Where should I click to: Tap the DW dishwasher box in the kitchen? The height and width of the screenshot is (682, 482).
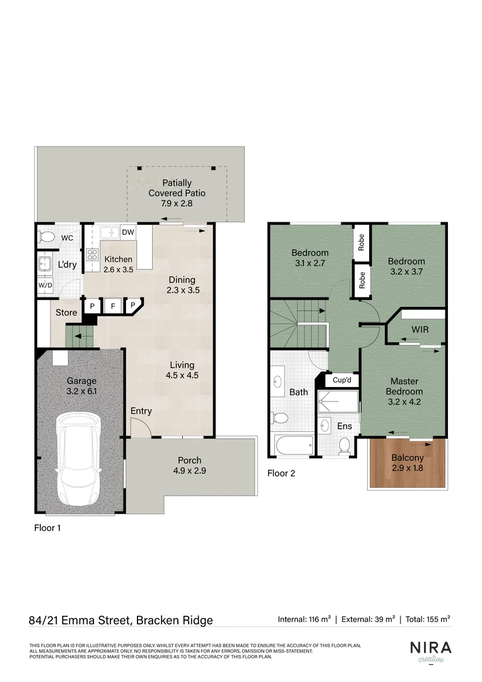tap(127, 232)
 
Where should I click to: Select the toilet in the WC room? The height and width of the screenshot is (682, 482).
tap(46, 237)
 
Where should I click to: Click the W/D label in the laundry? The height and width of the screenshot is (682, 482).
tap(45, 285)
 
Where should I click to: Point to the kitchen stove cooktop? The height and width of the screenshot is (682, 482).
tap(91, 256)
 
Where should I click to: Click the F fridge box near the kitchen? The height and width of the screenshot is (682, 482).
tap(113, 306)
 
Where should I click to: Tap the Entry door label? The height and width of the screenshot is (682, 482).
tap(141, 411)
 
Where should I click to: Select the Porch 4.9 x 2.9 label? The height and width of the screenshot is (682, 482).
tap(189, 465)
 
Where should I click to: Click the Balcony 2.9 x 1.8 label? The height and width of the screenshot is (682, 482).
tap(407, 463)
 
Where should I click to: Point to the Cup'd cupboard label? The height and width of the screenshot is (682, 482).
tap(342, 380)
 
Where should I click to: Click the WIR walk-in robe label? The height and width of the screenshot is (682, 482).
tap(420, 330)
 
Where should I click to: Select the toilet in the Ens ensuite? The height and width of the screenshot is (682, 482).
tap(344, 446)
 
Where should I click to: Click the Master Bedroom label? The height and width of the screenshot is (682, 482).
tap(404, 386)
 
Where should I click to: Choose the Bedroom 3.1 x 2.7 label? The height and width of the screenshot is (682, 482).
tap(310, 258)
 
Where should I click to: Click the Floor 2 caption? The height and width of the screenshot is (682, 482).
tap(281, 473)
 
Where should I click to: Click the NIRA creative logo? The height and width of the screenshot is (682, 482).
tap(431, 651)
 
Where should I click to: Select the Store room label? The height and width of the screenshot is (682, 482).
tap(66, 313)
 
